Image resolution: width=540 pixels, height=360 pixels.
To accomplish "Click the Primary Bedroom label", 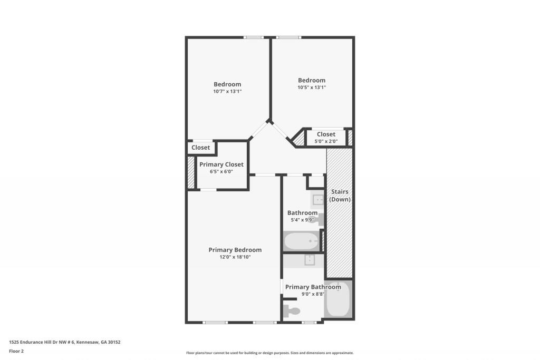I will pyautogui.click(x=235, y=250).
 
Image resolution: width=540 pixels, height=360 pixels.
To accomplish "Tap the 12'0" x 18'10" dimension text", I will pyautogui.click(x=235, y=257).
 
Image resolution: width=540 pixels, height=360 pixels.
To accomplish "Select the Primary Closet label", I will pyautogui.click(x=221, y=164).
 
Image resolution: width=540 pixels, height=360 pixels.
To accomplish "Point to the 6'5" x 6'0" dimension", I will pyautogui.click(x=221, y=172).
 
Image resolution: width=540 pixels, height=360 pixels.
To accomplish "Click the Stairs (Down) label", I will pyautogui.click(x=340, y=196).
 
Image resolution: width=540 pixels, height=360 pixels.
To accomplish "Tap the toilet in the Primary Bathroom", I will pyautogui.click(x=292, y=310).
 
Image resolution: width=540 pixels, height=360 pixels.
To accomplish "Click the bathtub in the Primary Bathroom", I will pyautogui.click(x=337, y=299).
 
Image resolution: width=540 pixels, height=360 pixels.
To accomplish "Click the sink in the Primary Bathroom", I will pyautogui.click(x=310, y=260).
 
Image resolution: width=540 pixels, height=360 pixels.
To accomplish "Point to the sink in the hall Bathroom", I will pyautogui.click(x=318, y=199).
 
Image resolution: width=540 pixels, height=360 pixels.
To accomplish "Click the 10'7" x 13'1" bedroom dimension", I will pyautogui.click(x=227, y=92).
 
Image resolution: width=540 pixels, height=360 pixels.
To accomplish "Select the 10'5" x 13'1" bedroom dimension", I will pyautogui.click(x=312, y=87).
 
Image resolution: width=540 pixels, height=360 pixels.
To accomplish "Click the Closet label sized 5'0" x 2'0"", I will pyautogui.click(x=326, y=134).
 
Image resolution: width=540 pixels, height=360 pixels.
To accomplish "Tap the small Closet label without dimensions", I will pyautogui.click(x=200, y=148).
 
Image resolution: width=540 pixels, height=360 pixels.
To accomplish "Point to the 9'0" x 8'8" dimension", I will pyautogui.click(x=312, y=294).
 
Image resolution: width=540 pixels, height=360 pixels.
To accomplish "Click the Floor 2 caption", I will pyautogui.click(x=16, y=351).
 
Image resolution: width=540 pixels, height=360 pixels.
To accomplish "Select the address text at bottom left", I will pyautogui.click(x=65, y=342).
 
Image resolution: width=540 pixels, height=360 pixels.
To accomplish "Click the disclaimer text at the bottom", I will pyautogui.click(x=269, y=353).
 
